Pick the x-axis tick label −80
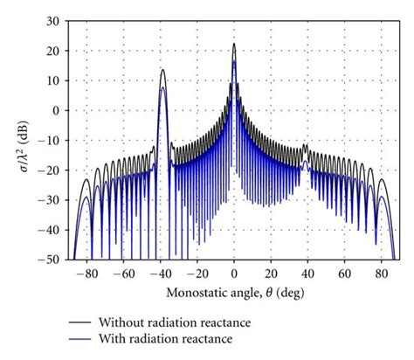coord(86,273)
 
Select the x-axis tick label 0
coord(234,273)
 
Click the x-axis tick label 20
coord(271,273)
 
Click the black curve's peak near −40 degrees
coord(162,70)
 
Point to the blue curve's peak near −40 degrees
coord(162,87)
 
